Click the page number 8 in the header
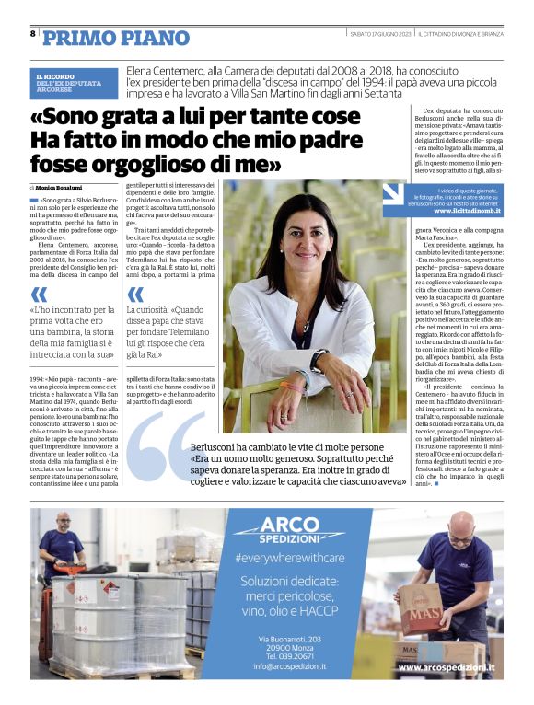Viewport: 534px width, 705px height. (x=33, y=34)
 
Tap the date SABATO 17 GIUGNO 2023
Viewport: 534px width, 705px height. (x=379, y=34)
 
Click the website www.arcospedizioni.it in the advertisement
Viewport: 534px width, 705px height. (x=446, y=666)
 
